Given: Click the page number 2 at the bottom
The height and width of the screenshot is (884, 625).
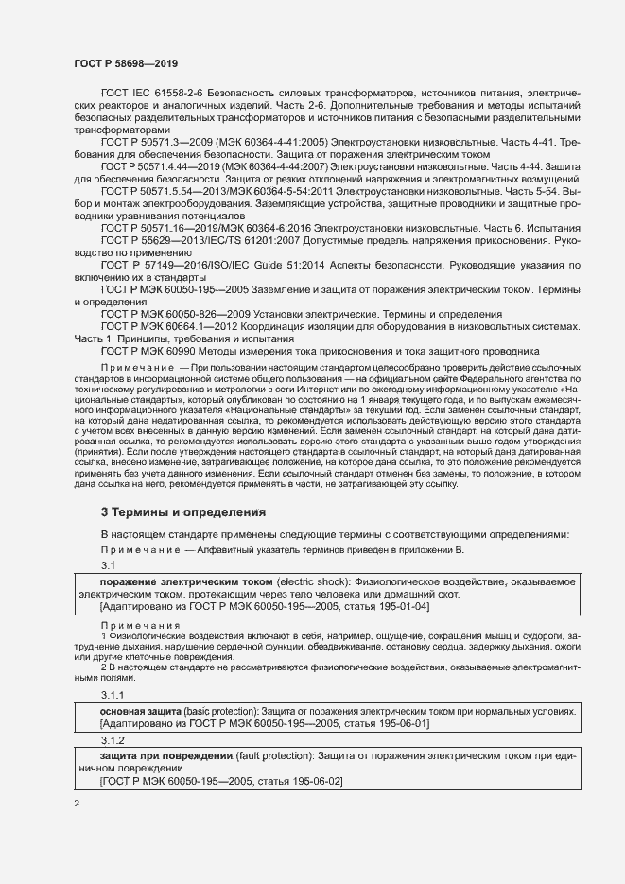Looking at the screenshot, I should point(77,803).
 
